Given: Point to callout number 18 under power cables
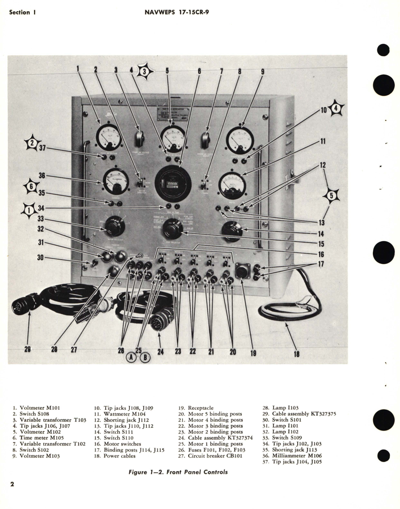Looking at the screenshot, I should pos(297,354).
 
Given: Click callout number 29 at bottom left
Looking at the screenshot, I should pos(28,350).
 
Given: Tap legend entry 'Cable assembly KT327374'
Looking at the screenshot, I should pos(220,438).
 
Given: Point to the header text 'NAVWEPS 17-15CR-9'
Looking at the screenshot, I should pos(179,12).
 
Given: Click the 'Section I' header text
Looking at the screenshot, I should pos(22,13).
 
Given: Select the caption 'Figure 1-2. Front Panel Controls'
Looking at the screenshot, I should pos(178,472).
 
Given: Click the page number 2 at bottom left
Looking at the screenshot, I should pos(12,485).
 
